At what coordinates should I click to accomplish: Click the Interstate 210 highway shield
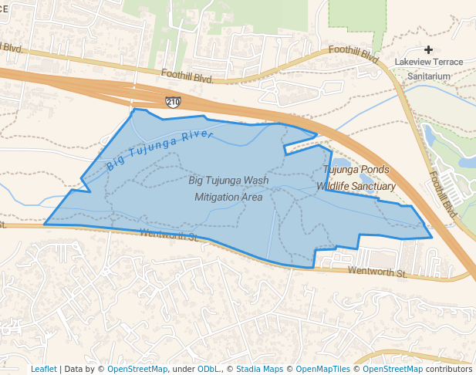click(174, 101)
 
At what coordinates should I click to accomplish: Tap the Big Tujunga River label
click(159, 150)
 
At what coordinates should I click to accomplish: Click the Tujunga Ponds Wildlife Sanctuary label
click(359, 177)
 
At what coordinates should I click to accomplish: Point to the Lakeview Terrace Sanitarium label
click(428, 69)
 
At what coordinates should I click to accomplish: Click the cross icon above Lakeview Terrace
click(428, 49)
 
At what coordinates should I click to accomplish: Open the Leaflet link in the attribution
click(43, 369)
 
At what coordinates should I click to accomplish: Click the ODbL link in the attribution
click(208, 369)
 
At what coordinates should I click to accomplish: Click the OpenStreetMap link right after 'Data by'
click(137, 369)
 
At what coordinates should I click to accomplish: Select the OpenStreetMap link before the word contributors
click(393, 369)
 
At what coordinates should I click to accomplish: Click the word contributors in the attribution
click(449, 369)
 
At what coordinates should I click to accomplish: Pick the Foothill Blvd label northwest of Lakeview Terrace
click(354, 54)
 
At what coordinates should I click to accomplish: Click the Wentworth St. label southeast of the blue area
click(377, 272)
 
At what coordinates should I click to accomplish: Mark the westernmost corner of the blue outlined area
click(45, 224)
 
